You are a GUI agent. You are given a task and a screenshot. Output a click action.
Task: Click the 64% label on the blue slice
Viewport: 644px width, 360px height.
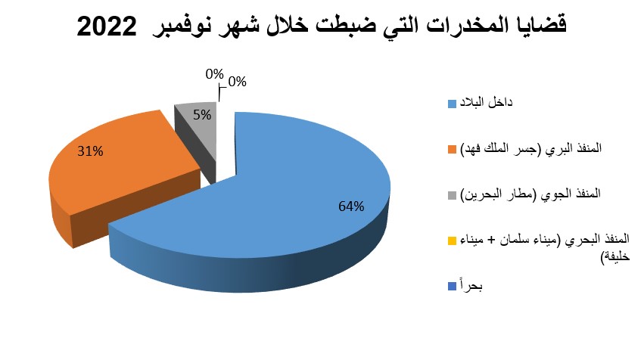click(351, 206)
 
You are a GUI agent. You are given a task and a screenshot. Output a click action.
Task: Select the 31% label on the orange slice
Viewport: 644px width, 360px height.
click(90, 151)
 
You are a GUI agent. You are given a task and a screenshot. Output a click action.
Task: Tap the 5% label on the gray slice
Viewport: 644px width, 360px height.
click(202, 115)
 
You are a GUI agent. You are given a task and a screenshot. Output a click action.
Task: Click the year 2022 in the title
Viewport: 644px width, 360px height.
click(107, 27)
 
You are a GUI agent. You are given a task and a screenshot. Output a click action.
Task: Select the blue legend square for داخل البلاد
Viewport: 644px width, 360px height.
click(452, 104)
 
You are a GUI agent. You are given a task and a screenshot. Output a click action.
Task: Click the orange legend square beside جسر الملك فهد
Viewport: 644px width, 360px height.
click(452, 149)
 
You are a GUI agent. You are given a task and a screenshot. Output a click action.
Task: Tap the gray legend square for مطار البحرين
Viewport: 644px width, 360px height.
click(452, 195)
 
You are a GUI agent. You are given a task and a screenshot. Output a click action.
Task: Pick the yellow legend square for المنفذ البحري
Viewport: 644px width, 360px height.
click(452, 241)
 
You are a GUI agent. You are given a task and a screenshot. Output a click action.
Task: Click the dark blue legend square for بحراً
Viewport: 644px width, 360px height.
click(452, 286)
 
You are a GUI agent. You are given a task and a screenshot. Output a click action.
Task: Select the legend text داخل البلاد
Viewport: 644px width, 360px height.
click(487, 102)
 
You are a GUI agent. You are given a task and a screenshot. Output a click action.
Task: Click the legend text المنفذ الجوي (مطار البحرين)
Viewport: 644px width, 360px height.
click(530, 194)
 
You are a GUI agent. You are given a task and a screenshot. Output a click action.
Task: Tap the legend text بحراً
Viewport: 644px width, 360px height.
click(471, 286)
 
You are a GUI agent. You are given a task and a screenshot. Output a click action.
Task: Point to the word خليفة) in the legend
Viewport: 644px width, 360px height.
click(614, 257)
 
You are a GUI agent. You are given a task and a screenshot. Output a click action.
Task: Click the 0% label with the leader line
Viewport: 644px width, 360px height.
click(237, 82)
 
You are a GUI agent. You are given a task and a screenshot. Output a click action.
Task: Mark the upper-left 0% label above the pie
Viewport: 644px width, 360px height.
click(214, 74)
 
